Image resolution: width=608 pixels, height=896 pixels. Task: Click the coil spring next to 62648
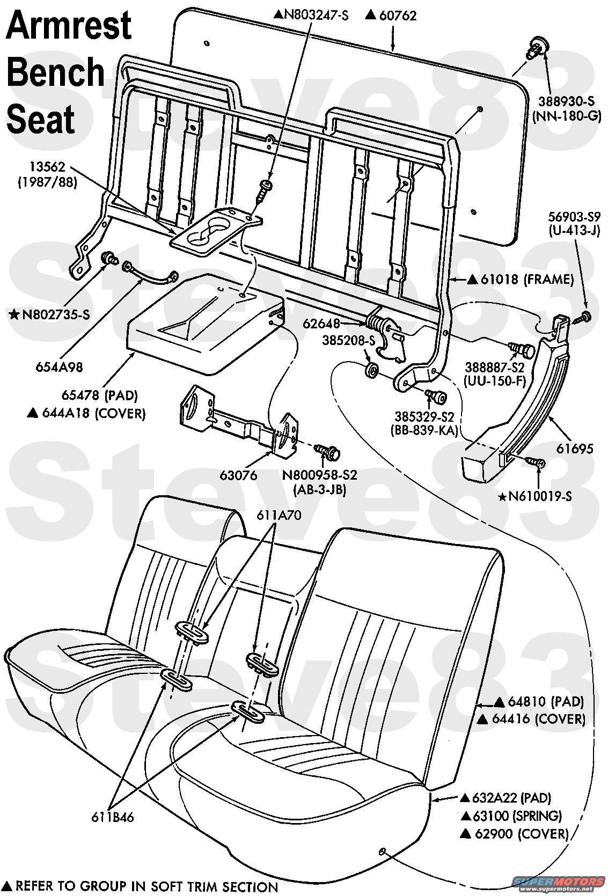pyautogui.click(x=378, y=325)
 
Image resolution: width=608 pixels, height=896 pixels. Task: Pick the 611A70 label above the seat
pyautogui.click(x=279, y=515)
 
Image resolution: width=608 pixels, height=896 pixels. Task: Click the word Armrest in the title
pyautogui.click(x=68, y=26)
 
